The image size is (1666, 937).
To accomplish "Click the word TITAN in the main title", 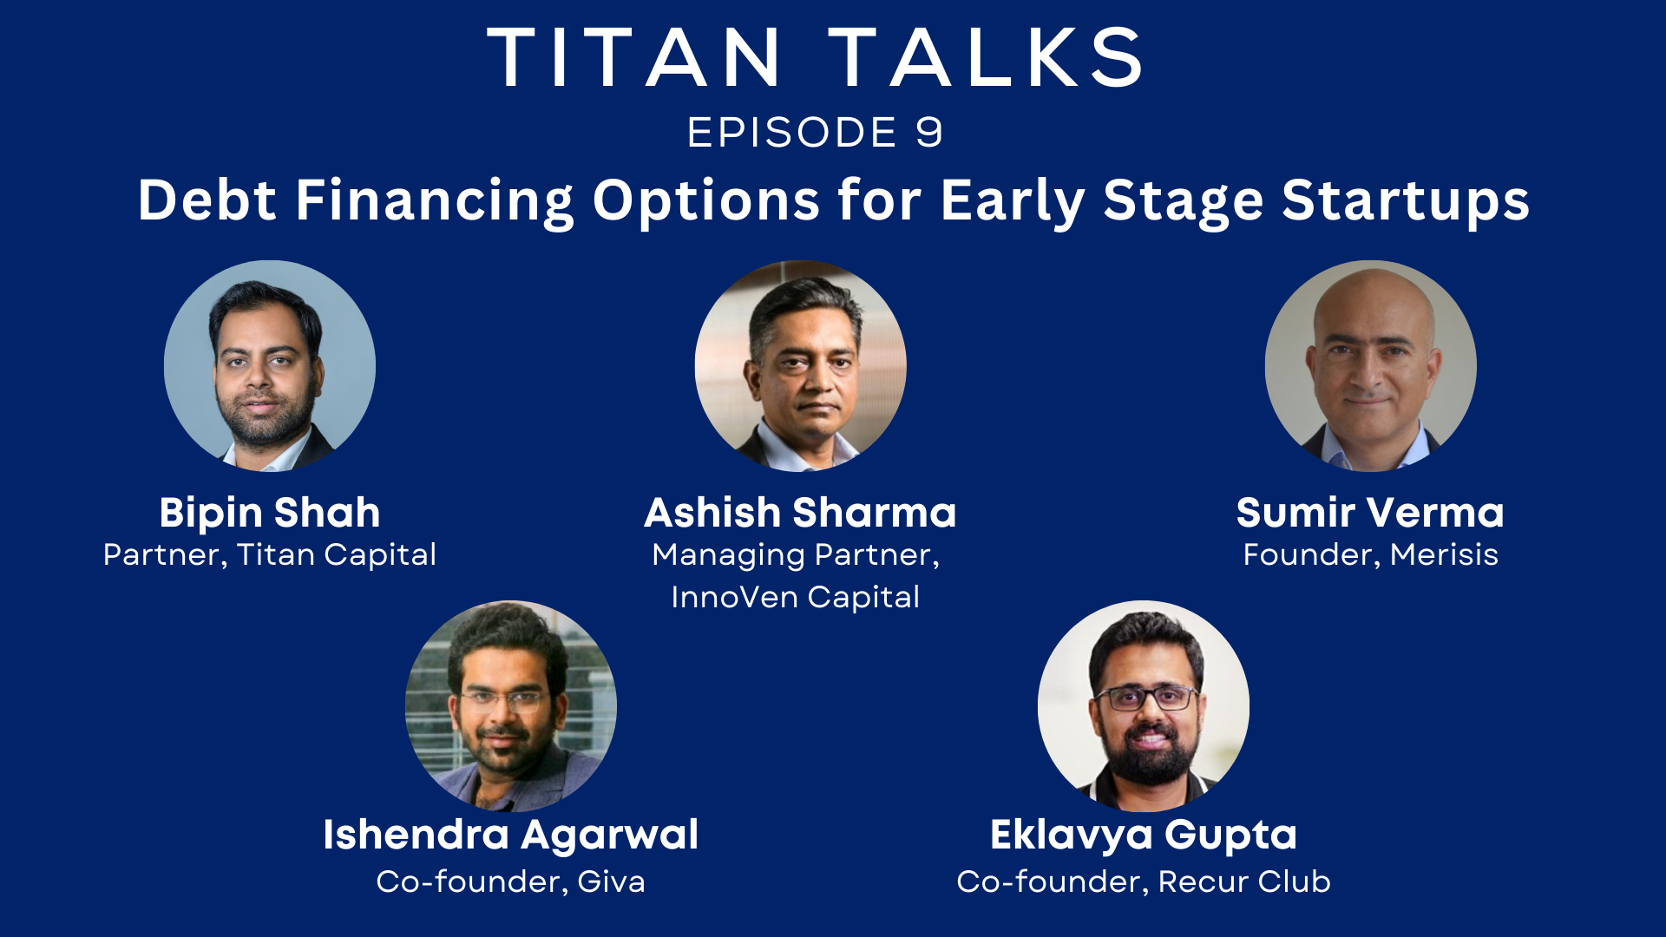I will pos(634,58).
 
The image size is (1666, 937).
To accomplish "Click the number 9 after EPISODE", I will pos(928,133).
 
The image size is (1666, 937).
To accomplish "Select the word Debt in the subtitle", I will pos(207,200).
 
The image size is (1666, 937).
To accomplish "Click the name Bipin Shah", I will pos(270,513).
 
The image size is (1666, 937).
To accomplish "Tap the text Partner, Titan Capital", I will pos(270,555).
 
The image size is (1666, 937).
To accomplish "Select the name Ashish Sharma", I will pos(800,513).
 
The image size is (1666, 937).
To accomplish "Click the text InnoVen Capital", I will pos(795,598).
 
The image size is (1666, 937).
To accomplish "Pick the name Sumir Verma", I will pos(1370,513).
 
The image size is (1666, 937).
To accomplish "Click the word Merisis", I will pos(1444,555).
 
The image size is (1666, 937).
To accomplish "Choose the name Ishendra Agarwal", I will pos(510,835).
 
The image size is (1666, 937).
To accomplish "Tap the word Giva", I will pos(611,882).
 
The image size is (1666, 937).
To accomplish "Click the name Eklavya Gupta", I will pos(1144,835).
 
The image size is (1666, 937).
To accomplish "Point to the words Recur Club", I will pos(1243,882).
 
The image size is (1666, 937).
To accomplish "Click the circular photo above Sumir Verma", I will pos(1370,366).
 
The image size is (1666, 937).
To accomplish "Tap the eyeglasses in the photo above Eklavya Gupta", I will pos(1145,698).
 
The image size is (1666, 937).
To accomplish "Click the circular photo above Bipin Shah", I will pos(270,366).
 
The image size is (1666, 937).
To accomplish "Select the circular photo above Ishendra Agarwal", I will pos(510,706).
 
